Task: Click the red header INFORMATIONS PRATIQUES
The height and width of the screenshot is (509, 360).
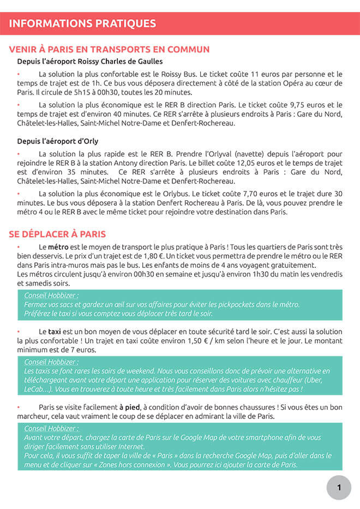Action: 82,23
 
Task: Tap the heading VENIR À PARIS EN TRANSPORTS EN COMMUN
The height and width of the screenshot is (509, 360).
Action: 109,50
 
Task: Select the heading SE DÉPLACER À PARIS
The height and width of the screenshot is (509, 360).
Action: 57,234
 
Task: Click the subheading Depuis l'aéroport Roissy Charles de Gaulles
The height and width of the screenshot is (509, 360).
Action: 90,62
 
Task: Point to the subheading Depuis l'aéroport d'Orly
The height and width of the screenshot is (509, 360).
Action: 57,141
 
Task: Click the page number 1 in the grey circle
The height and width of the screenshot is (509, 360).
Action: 339,488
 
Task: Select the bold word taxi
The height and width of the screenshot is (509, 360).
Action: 55,331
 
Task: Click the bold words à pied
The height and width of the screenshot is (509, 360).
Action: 129,407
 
